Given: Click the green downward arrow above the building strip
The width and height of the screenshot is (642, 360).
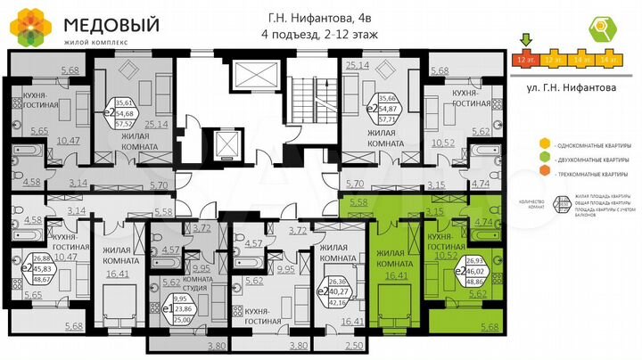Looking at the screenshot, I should pos(526,38).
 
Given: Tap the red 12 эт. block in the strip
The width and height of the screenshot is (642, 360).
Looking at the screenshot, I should pos(526,58).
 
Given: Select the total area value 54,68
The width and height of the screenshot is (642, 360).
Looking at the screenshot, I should pos(125,114).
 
